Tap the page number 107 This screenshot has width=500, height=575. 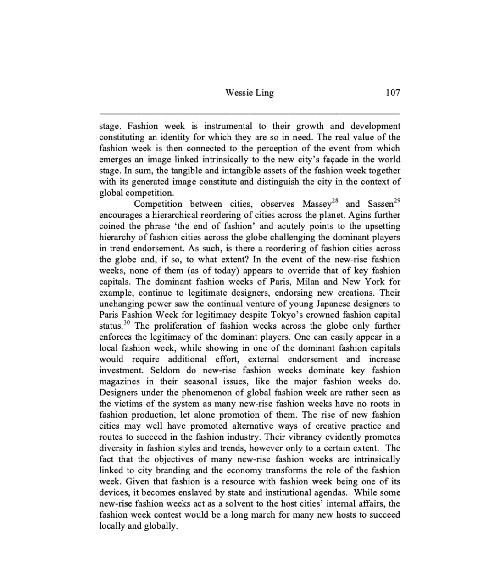(x=393, y=93)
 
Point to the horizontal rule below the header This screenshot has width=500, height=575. (x=250, y=113)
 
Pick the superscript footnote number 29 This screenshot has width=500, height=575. (x=397, y=201)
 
